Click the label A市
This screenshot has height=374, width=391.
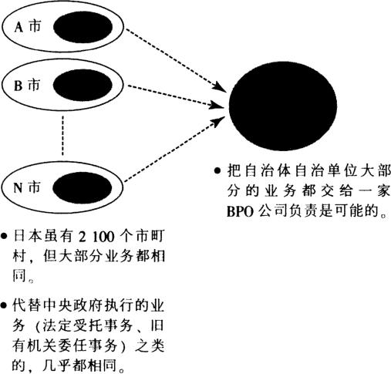(x=28, y=26)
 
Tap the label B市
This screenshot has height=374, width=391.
(x=27, y=85)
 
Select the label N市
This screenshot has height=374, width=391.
(x=27, y=187)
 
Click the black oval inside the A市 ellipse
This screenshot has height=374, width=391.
(x=83, y=27)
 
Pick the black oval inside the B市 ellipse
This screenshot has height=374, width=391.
(x=83, y=85)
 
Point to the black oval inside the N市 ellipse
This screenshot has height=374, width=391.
(x=83, y=187)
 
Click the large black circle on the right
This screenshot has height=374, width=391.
(x=283, y=106)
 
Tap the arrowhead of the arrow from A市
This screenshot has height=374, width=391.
(x=221, y=87)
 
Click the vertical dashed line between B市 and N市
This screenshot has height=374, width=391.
(x=62, y=136)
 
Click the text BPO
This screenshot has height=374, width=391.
(x=240, y=212)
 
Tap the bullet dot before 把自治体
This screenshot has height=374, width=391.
(x=217, y=170)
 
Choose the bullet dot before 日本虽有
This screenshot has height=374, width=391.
(x=4, y=236)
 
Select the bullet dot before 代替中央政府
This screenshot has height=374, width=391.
(x=3, y=305)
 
